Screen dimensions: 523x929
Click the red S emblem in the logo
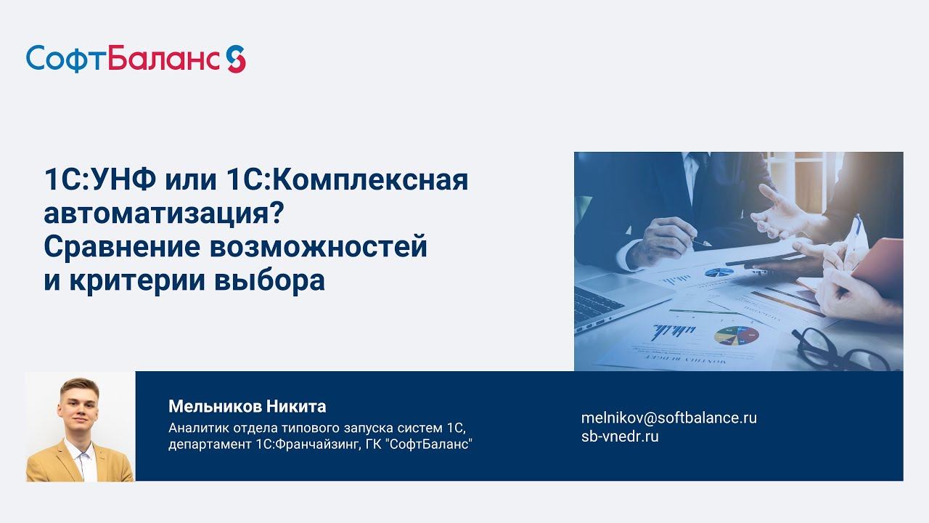(236, 58)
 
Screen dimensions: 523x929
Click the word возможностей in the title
(319, 247)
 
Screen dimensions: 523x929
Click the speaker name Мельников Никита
(247, 406)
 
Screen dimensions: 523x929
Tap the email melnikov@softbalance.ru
(668, 418)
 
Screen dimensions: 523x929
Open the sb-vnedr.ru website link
(620, 437)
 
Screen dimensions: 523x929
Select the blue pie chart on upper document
(719, 272)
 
